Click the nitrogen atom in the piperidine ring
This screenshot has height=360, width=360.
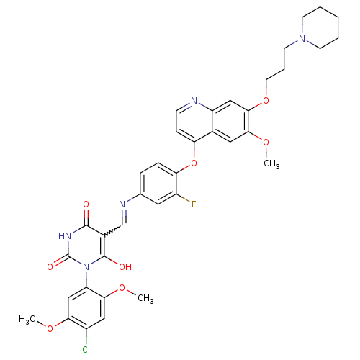click(302, 38)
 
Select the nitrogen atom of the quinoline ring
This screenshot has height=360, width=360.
click(194, 100)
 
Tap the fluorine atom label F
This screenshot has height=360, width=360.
click(194, 204)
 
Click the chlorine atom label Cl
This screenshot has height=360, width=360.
click(86, 349)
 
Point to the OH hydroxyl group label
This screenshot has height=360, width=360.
click(125, 266)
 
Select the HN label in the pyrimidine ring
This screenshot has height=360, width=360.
click(65, 235)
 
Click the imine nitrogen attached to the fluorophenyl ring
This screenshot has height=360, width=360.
click(122, 204)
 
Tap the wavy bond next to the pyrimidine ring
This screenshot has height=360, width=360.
click(112, 230)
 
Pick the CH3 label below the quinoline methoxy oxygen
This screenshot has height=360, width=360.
click(271, 164)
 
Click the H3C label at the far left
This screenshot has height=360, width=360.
click(27, 319)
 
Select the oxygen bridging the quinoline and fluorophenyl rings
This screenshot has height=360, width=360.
click(194, 163)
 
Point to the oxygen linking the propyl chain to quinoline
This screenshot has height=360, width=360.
click(266, 100)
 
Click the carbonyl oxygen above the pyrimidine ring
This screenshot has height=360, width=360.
click(86, 204)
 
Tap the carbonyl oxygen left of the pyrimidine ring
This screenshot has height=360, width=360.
click(50, 266)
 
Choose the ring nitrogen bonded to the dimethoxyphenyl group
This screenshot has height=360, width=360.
click(86, 266)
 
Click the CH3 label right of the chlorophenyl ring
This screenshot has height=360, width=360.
click(145, 298)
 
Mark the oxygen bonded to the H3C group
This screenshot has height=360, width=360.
click(50, 328)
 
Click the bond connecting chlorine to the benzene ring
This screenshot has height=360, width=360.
click(86, 336)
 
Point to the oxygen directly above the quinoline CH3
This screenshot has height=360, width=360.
click(266, 143)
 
